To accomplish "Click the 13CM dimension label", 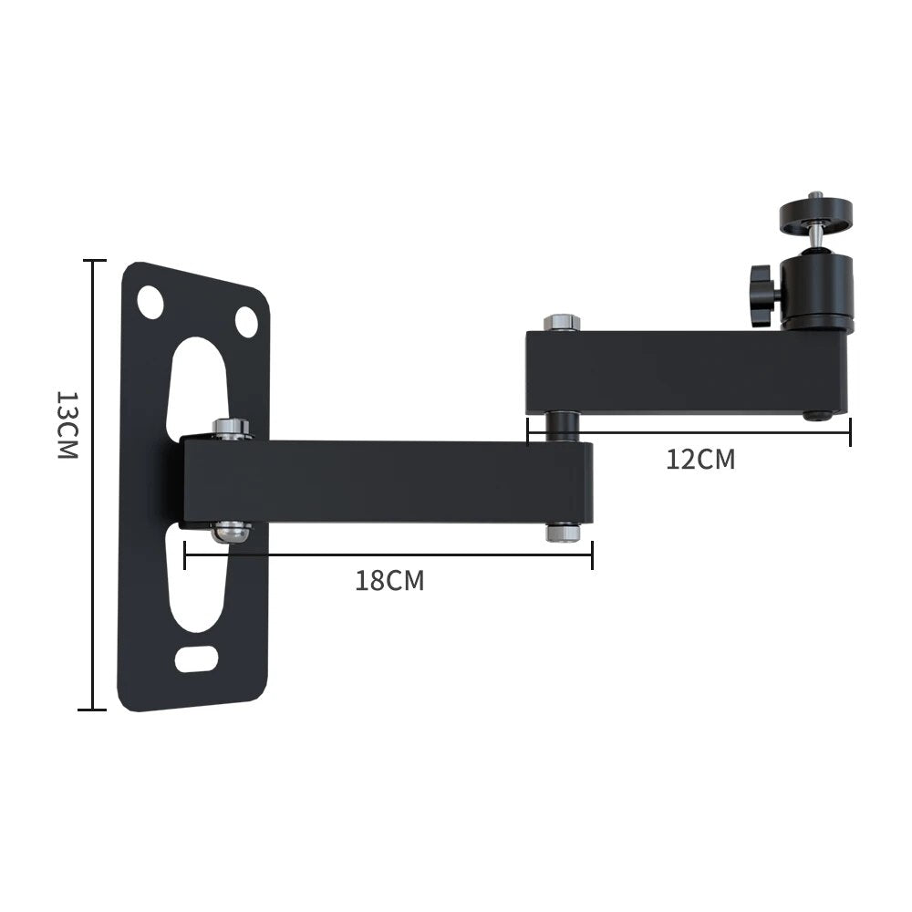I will tap(67, 424).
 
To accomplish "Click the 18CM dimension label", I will tap(389, 581).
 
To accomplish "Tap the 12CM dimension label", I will tap(700, 459).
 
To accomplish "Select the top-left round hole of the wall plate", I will tap(150, 302).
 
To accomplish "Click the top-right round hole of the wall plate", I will tap(246, 321).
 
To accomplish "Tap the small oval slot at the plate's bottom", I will tap(196, 658).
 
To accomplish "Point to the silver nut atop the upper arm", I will tap(562, 323).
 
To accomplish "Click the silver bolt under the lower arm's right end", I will tap(564, 532).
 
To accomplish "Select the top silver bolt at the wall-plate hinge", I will tap(232, 428).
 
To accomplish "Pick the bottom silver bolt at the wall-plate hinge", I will tap(231, 531).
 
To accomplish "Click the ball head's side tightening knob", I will tap(762, 295).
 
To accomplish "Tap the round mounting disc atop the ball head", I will tap(815, 215).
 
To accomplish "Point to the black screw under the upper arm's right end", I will tap(818, 416).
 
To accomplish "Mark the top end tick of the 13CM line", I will tap(93, 261).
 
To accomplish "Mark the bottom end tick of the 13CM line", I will tap(93, 709).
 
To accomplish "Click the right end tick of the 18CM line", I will tap(592, 554).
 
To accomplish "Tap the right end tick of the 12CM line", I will tap(849, 432).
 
